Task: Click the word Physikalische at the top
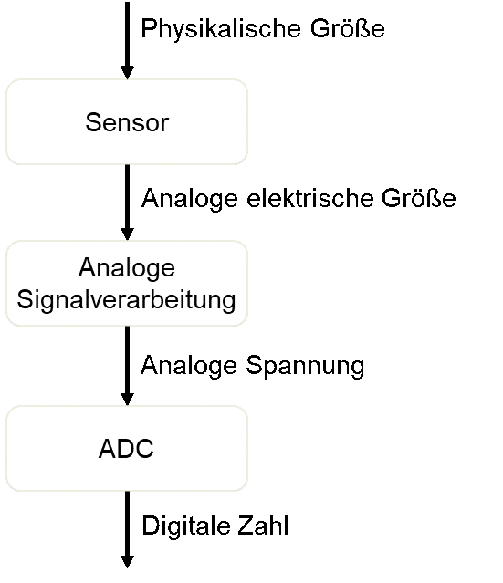click(x=221, y=29)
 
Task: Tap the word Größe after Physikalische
click(x=348, y=28)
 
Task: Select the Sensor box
click(x=127, y=121)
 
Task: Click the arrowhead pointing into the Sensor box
click(x=127, y=72)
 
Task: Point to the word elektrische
click(x=309, y=198)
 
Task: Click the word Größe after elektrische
click(x=419, y=198)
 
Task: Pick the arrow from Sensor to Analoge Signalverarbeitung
click(x=127, y=203)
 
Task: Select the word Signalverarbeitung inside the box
click(x=127, y=300)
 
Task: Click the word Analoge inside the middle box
click(x=127, y=268)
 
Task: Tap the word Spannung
click(x=305, y=367)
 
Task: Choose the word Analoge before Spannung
click(x=189, y=367)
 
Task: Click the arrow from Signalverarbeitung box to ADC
click(x=127, y=366)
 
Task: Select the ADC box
click(x=127, y=448)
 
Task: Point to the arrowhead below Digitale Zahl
click(x=127, y=561)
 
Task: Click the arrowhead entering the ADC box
click(x=127, y=400)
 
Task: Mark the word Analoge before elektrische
click(x=190, y=199)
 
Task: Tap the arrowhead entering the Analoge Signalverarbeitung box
click(x=127, y=234)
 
